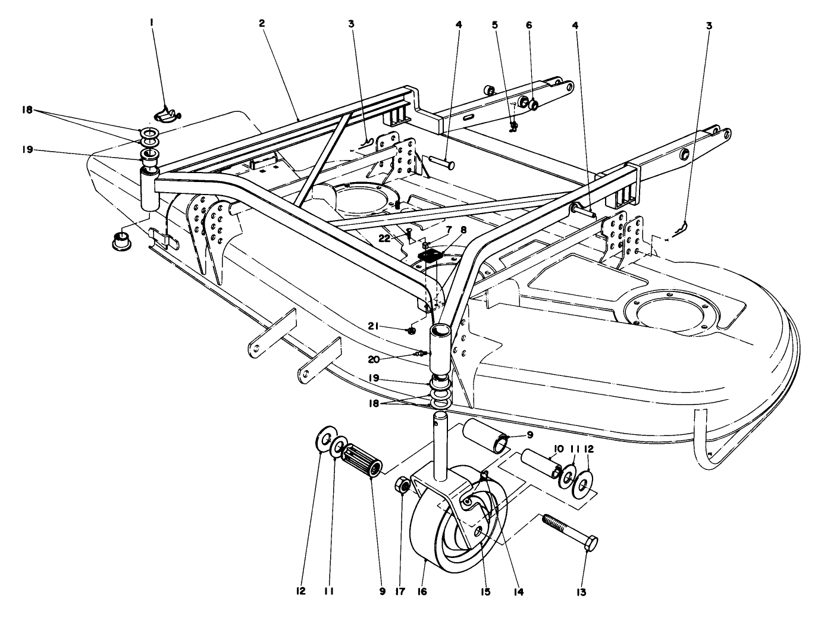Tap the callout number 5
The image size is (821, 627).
pyautogui.click(x=494, y=25)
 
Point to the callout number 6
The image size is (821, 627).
pyautogui.click(x=529, y=25)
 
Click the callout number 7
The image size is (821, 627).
pyautogui.click(x=449, y=229)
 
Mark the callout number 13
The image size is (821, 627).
pyautogui.click(x=581, y=592)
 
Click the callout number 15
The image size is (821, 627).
pyautogui.click(x=485, y=592)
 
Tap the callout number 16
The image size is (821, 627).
pyautogui.click(x=422, y=592)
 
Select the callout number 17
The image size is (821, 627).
pyautogui.click(x=400, y=592)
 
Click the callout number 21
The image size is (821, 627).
pyautogui.click(x=390, y=325)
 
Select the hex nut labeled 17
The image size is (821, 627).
pyautogui.click(x=403, y=486)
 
